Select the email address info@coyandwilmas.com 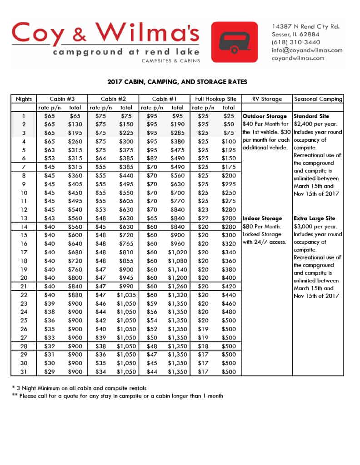pos(307,50)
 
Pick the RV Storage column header pos(267,99)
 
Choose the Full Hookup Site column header pos(216,99)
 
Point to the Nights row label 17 pos(24,252)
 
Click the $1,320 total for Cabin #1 pos(177,295)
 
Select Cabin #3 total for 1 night pos(75,116)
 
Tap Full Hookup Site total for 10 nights pos(229,193)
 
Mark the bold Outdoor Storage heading pos(265,116)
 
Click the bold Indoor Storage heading pos(262,218)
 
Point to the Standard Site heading pos(311,116)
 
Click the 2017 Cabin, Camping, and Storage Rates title pos(178,82)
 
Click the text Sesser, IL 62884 pos(295,34)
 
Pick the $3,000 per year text pos(314,226)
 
